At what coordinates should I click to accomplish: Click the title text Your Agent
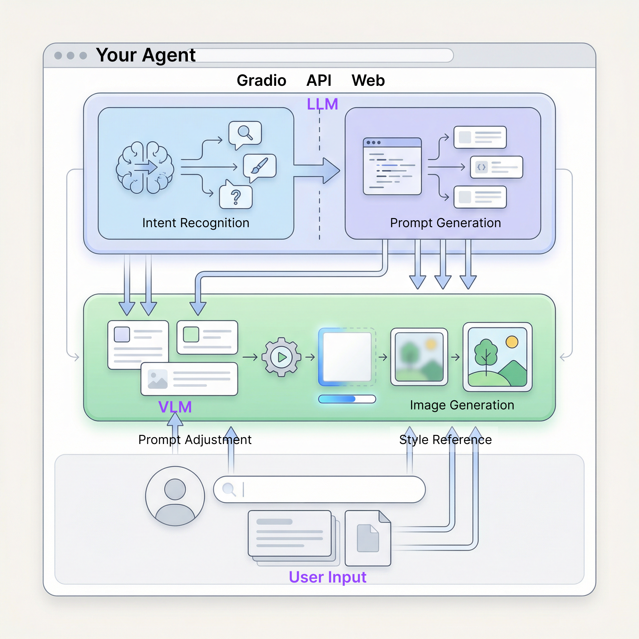(145, 55)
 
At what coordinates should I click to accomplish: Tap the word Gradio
(261, 80)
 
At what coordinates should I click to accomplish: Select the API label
(319, 80)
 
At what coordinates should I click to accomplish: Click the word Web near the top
(368, 80)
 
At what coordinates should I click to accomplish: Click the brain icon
(145, 167)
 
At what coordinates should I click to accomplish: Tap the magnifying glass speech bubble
(245, 134)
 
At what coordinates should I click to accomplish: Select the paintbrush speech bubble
(260, 166)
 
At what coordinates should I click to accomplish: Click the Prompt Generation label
(445, 223)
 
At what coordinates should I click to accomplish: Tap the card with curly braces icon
(496, 167)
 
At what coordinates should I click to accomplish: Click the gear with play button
(281, 357)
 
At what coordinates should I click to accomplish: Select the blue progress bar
(347, 399)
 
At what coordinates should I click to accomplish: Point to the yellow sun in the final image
(512, 342)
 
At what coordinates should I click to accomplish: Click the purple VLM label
(175, 407)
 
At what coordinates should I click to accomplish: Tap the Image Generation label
(462, 405)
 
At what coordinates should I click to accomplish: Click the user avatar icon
(175, 496)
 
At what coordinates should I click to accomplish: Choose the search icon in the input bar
(229, 489)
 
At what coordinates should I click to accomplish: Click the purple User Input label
(327, 577)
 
